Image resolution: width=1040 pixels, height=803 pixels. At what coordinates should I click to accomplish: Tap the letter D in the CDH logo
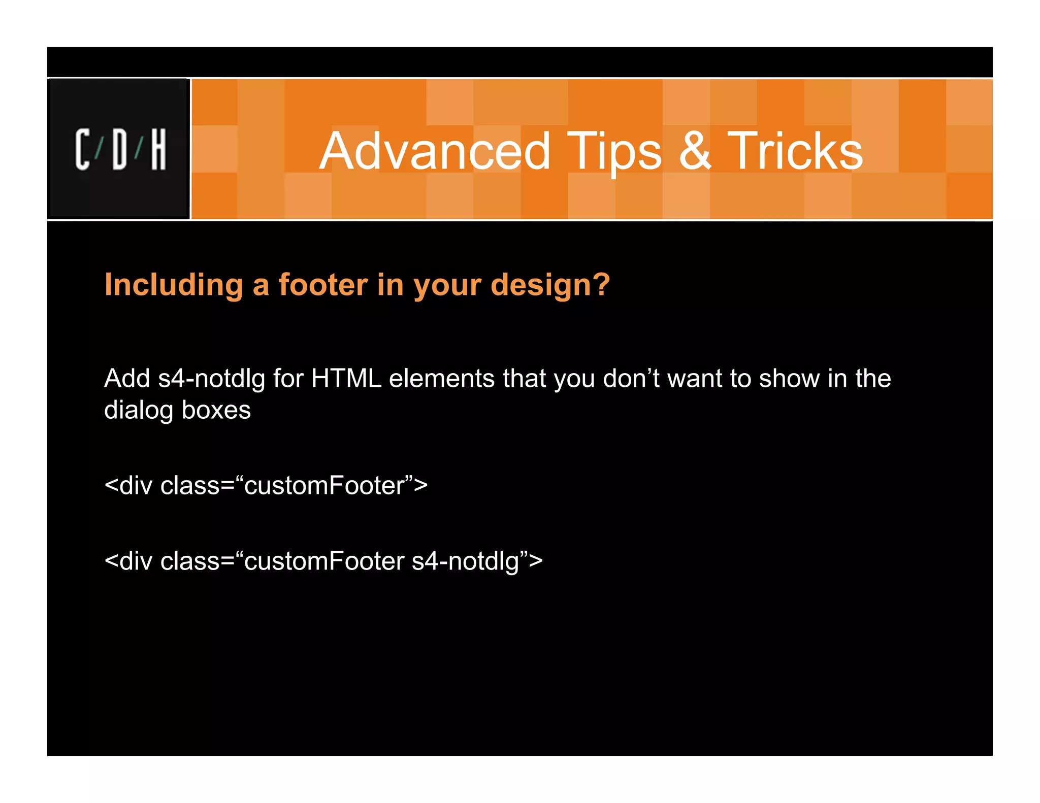[120, 149]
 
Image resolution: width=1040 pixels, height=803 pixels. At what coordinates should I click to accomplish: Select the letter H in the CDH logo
[158, 149]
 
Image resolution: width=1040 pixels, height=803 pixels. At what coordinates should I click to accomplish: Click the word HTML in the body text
[346, 379]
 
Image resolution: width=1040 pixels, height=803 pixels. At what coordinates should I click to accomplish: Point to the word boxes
[216, 410]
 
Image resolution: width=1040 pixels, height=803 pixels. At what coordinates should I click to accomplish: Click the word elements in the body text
[442, 379]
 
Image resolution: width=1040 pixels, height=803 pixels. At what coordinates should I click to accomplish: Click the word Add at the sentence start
[127, 379]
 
